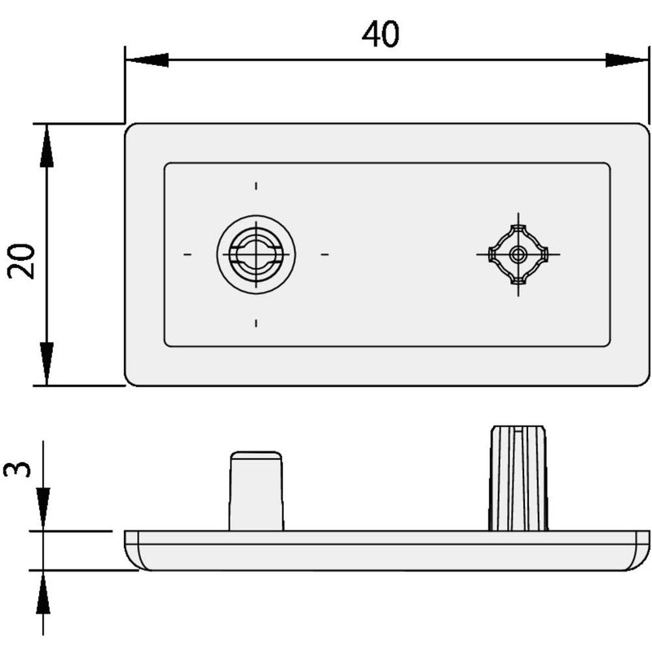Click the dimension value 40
pyautogui.click(x=381, y=34)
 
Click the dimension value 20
pyautogui.click(x=22, y=261)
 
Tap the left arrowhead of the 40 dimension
pyautogui.click(x=147, y=59)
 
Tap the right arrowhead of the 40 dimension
pyautogui.click(x=627, y=59)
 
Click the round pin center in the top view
pyautogui.click(x=256, y=254)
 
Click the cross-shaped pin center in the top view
pyautogui.click(x=518, y=254)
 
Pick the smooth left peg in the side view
pyautogui.click(x=256, y=491)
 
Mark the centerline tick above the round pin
pyautogui.click(x=256, y=186)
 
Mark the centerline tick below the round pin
pyautogui.click(x=256, y=324)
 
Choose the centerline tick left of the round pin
pyautogui.click(x=187, y=254)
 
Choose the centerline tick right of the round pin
pyautogui.click(x=324, y=254)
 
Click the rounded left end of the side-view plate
pyautogui.click(x=132, y=550)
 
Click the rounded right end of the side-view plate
pyautogui.click(x=641, y=550)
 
